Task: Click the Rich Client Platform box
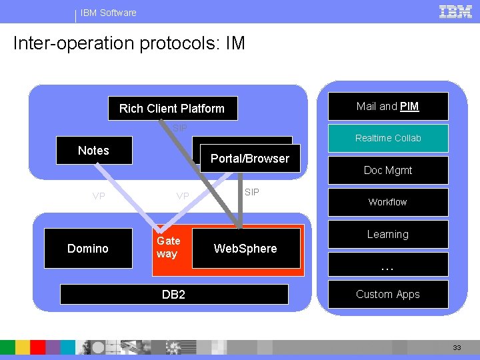click(x=171, y=108)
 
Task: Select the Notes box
click(x=93, y=151)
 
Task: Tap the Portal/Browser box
click(x=250, y=159)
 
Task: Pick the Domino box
click(x=88, y=249)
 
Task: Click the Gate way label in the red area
click(x=168, y=247)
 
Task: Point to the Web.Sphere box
click(x=245, y=249)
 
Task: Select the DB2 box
click(x=173, y=294)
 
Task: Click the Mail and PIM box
click(x=387, y=107)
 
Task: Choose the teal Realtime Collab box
click(x=388, y=138)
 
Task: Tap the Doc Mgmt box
click(x=388, y=171)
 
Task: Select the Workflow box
click(x=388, y=202)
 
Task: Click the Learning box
click(x=388, y=235)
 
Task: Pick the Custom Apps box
click(x=388, y=294)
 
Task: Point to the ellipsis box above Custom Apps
click(x=388, y=265)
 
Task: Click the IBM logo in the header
click(x=455, y=11)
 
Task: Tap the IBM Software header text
click(x=108, y=13)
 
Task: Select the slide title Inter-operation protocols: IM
click(x=129, y=44)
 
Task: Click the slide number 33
click(x=457, y=348)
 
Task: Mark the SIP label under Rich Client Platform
click(x=180, y=128)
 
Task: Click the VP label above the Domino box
click(x=99, y=197)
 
